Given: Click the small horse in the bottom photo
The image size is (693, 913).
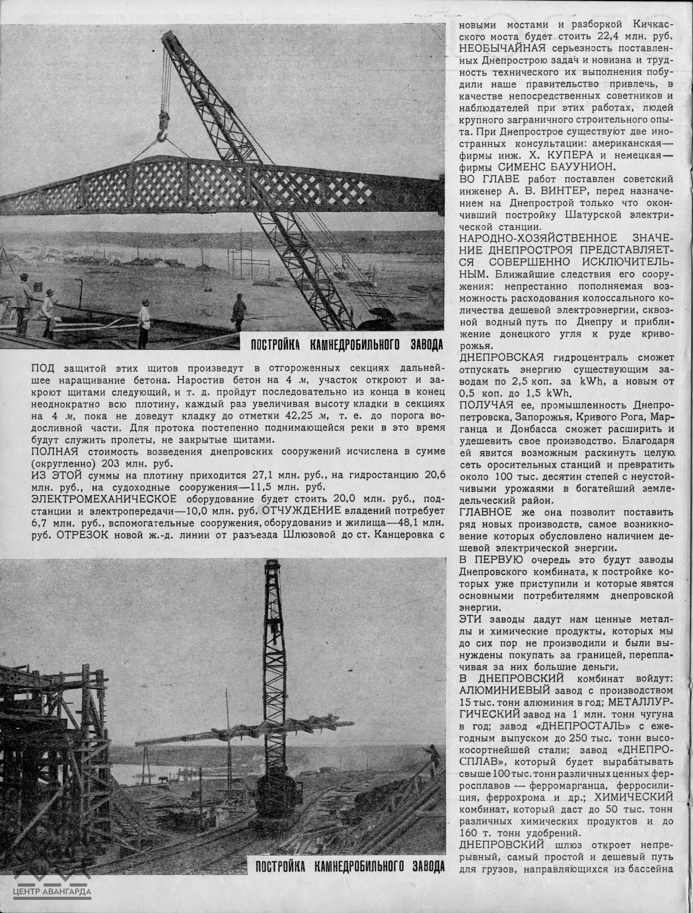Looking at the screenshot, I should pos(162,778).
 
